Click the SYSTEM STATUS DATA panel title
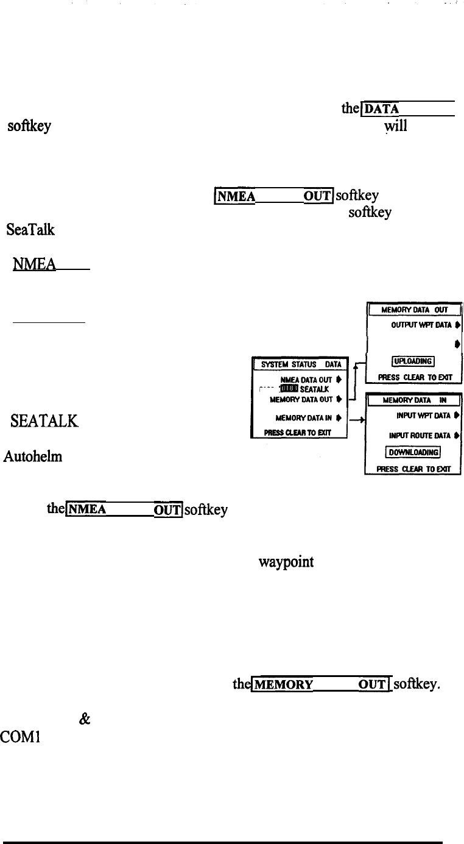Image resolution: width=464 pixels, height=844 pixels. [x=299, y=365]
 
